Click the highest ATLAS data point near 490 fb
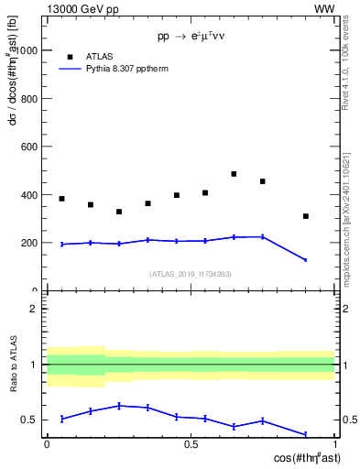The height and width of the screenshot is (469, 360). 234,174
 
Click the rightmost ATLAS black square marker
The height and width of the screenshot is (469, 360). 306,216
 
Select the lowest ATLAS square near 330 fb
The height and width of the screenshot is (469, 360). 119,212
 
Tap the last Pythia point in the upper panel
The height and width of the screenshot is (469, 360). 306,260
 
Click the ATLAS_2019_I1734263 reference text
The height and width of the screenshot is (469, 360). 191,274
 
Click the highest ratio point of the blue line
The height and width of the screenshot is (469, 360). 119,406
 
